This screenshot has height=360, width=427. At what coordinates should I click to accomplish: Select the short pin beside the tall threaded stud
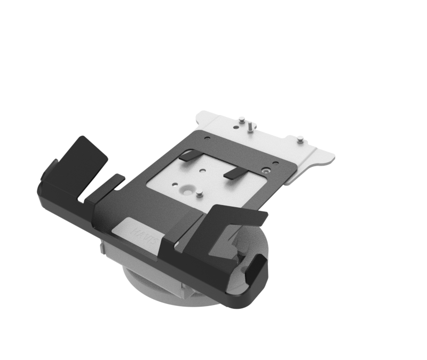point(242,119)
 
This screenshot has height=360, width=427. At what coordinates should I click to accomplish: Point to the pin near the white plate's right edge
point(301,139)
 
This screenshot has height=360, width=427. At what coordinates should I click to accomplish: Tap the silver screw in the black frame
point(266,171)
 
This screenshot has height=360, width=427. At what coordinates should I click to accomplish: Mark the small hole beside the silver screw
point(275,163)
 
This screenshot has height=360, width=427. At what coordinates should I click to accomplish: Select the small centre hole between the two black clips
point(204,171)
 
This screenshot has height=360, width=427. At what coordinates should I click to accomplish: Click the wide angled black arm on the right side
point(235,219)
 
